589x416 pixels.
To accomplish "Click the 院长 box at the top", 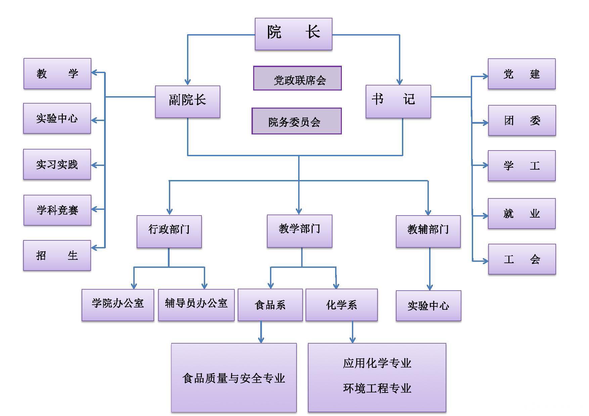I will (293, 34).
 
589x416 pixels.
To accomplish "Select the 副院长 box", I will (187, 102).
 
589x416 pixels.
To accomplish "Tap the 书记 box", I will (398, 101).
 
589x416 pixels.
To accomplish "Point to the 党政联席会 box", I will (297, 78).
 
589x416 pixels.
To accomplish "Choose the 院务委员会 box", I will (297, 121).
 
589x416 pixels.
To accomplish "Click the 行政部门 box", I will (169, 231).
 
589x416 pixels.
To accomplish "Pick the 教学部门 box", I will (299, 231).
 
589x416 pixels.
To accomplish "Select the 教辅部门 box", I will (428, 231).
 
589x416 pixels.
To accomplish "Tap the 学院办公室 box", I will (118, 305).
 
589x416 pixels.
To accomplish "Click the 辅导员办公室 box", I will (196, 305).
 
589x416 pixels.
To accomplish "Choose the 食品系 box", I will (270, 305).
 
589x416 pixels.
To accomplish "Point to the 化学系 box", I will (342, 305).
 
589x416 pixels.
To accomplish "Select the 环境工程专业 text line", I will (377, 389).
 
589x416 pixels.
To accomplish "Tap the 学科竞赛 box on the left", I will (57, 210).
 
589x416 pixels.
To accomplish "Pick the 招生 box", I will (57, 255).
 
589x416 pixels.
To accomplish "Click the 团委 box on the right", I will (522, 120).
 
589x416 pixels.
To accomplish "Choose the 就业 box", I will (522, 214).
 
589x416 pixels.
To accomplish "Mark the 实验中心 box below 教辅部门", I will (428, 305).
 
